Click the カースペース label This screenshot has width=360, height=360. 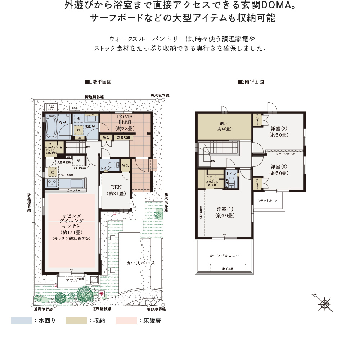point(140,263)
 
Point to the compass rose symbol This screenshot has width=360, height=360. point(325,304)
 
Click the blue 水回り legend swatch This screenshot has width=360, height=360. point(21,320)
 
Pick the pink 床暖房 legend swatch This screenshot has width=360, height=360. point(126,320)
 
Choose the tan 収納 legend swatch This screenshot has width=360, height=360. point(76,320)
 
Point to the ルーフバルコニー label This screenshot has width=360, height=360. point(225,255)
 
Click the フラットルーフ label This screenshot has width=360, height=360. point(267,201)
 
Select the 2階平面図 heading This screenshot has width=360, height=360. point(251,82)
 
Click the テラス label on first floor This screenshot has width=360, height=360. point(71,280)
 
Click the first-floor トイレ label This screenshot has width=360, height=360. point(105,168)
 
